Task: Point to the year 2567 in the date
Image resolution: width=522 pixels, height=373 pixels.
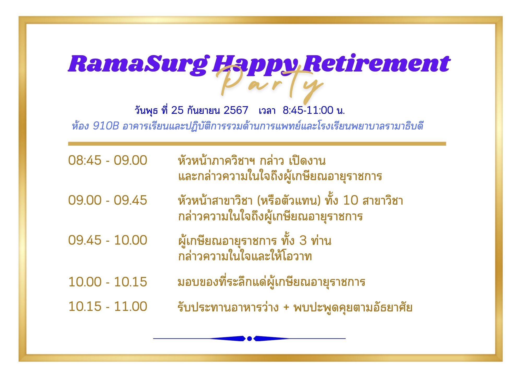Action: pos(236,110)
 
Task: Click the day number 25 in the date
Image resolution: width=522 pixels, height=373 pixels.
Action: pos(177,110)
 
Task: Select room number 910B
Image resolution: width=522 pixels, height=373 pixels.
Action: pos(106,126)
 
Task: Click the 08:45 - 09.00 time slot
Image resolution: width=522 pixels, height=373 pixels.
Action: pos(108,160)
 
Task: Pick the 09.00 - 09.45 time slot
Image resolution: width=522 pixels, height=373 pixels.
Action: pos(108,200)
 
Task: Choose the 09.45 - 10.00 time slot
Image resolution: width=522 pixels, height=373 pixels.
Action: pos(108,240)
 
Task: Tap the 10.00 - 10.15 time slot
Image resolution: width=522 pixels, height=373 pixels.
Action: pos(108,282)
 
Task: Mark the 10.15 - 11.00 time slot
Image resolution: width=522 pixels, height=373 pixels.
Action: pos(108,306)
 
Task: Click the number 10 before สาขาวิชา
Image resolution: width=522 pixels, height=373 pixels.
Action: pos(350,200)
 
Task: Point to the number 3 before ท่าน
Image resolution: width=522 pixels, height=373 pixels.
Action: pos(303,240)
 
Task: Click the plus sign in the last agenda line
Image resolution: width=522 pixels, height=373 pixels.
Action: pos(286,307)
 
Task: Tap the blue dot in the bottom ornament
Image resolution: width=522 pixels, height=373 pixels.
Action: pos(250,339)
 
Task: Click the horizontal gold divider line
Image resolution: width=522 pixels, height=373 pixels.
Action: pos(257,144)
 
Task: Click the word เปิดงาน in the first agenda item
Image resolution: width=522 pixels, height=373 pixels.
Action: pos(307,160)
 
